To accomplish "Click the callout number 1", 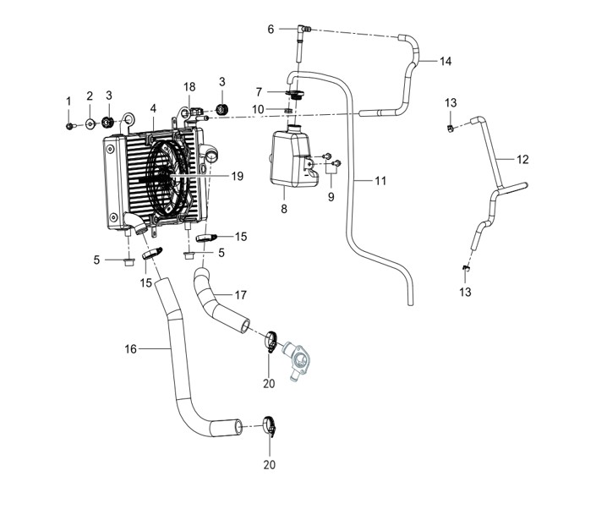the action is [x=68, y=101].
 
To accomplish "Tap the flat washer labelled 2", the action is [x=90, y=124].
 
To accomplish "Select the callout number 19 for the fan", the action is [x=238, y=176].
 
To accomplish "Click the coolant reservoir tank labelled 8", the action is [x=293, y=159].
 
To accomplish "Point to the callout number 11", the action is [x=380, y=180].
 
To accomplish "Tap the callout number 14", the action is [x=446, y=61].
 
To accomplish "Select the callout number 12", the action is [x=522, y=159].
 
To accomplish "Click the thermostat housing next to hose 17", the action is [x=298, y=358].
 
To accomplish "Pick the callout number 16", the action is [x=130, y=349].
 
